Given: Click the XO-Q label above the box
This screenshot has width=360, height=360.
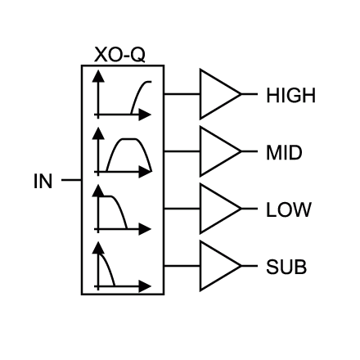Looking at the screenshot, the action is point(119,55).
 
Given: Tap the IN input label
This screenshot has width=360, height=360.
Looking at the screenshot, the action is point(43,181).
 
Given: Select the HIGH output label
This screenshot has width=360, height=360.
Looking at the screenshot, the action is point(290,96).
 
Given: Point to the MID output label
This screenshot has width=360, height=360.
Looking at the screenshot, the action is point(284,153).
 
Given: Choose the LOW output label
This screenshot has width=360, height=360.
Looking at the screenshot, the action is point(288,209).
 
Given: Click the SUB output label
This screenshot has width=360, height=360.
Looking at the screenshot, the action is point(286,267).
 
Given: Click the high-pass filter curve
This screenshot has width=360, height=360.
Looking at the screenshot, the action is point(137,92).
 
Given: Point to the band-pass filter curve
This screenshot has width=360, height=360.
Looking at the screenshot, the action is point(128,139).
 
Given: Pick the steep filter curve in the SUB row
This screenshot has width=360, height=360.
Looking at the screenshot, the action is point(108,268).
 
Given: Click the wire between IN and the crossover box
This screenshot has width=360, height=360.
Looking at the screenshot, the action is point(71,180).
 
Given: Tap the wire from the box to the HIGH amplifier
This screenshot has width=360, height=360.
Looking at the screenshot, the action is point(182,94).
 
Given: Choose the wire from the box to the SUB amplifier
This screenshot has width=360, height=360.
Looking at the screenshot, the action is point(182,266).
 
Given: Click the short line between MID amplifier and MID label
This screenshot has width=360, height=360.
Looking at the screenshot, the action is point(250,151).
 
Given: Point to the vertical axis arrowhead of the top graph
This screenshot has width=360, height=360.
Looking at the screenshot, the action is point(98,76).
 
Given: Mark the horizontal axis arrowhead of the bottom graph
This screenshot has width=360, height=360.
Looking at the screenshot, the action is point(145,286).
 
